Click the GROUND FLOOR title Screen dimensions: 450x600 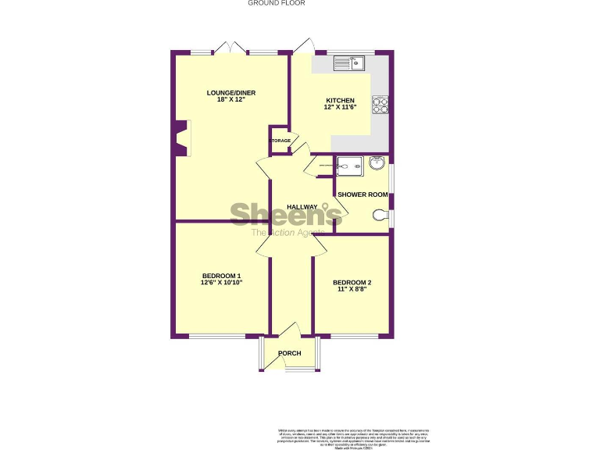point(277,3)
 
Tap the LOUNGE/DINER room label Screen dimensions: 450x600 point(231,93)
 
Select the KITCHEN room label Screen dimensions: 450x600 point(340,101)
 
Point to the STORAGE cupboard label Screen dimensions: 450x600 point(280,141)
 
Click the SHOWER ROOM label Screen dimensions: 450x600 point(362,195)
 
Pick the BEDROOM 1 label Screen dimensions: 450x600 point(221,275)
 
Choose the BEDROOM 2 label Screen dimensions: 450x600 point(352,282)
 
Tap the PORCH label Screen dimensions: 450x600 point(290,353)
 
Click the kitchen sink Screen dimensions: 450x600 point(357,63)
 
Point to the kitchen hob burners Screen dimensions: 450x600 point(381,105)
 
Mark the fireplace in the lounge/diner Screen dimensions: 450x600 point(181,138)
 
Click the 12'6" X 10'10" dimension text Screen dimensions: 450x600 point(221,283)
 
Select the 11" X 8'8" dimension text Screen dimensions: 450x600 point(352,289)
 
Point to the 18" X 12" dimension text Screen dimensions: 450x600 point(231,100)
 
